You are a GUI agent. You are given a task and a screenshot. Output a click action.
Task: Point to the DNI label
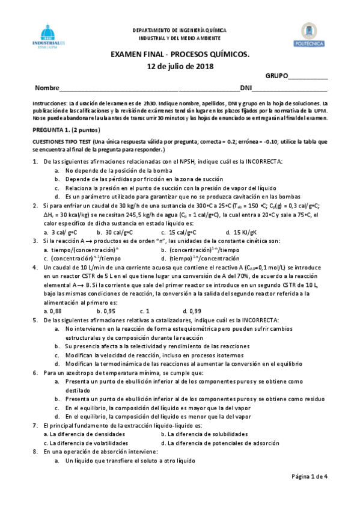tap(246, 88)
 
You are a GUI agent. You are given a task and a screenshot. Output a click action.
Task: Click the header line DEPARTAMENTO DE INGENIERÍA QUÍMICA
tap(180, 29)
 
